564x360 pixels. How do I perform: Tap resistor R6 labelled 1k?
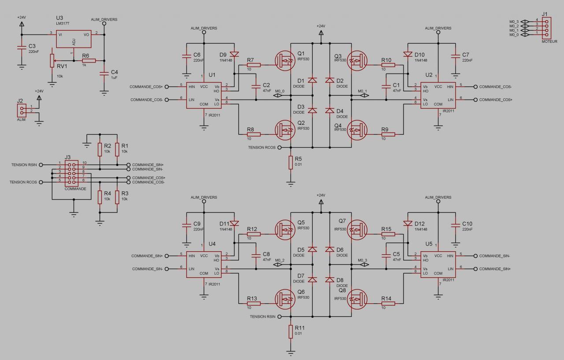89,61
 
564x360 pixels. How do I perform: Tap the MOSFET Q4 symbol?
356,130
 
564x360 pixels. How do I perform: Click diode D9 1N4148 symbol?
234,55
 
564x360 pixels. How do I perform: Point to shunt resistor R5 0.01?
291,162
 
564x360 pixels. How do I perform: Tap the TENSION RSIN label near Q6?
263,316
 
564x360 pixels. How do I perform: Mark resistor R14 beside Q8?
389,303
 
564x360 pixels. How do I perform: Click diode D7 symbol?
312,279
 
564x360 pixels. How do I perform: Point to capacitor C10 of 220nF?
456,226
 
